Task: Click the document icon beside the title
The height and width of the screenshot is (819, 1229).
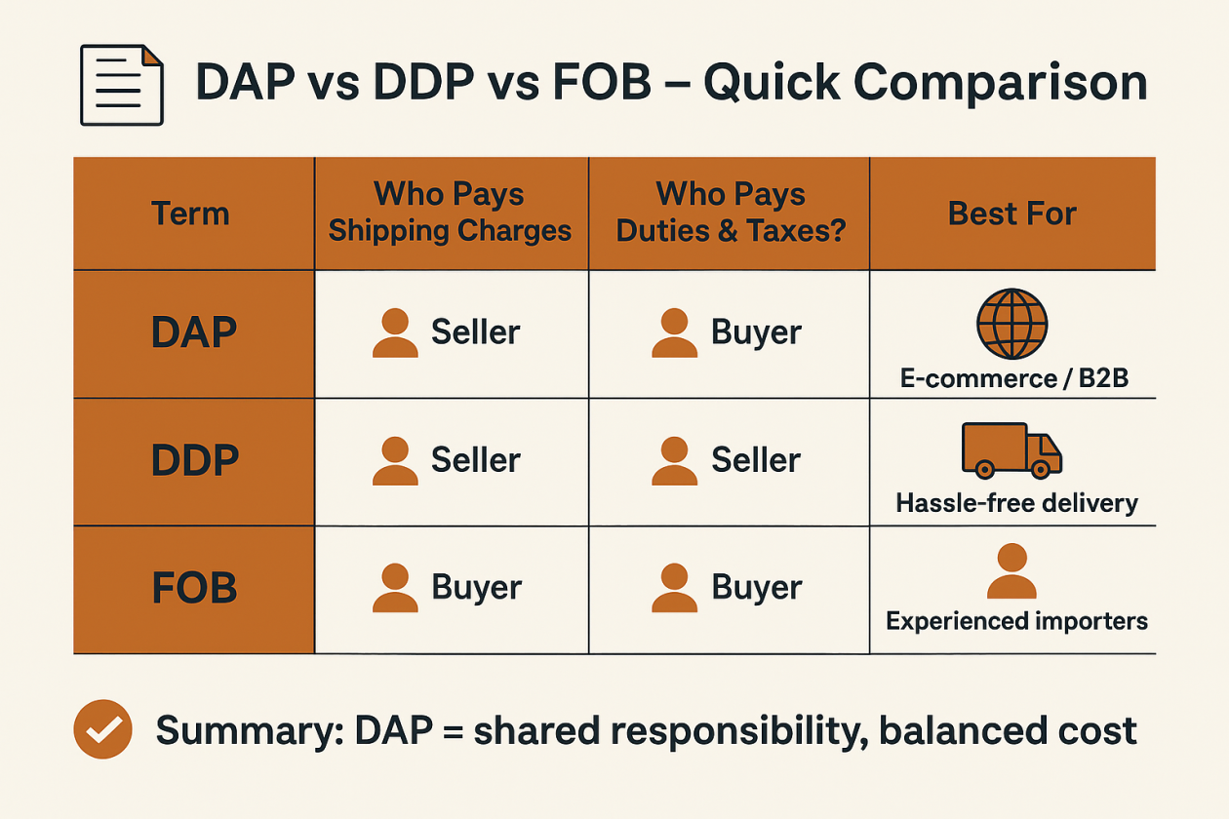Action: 122,85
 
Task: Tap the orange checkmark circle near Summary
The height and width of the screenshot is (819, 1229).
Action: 102,729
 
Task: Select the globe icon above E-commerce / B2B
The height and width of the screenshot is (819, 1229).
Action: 1011,325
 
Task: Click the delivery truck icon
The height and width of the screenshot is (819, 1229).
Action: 1011,450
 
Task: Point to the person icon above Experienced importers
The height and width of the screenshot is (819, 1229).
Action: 1011,571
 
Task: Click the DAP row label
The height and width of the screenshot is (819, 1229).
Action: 194,333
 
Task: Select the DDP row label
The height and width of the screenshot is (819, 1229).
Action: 194,461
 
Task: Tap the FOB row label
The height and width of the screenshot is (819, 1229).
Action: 194,589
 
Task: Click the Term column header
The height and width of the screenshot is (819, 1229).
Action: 190,214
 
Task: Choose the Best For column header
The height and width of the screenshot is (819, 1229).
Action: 1011,214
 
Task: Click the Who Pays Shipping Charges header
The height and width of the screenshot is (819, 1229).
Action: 450,213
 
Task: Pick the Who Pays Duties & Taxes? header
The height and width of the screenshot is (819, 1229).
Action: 731,213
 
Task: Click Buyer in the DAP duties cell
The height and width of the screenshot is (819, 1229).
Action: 756,332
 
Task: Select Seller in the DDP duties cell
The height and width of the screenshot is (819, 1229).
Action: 756,460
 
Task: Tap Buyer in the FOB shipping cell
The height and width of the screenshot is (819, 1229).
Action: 476,588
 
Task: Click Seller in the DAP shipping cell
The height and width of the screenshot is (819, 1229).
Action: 475,332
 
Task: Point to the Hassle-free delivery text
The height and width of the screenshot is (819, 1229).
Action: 1016,503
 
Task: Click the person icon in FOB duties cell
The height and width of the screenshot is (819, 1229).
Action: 674,589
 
